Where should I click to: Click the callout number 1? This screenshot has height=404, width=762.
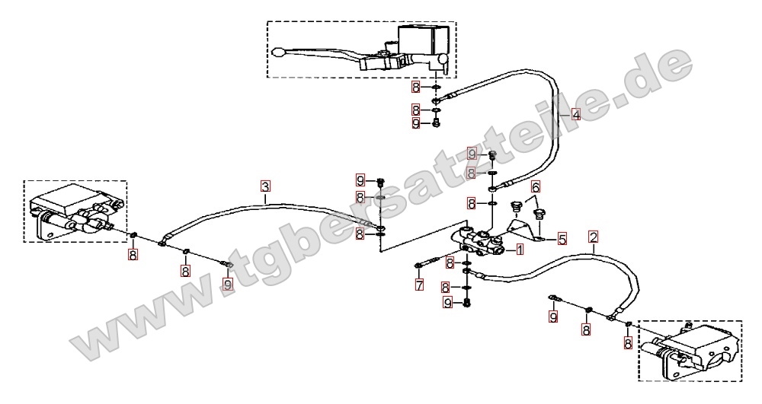pos(520,250)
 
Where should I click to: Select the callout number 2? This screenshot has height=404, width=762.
pos(593,237)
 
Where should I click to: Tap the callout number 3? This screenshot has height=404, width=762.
pos(265,186)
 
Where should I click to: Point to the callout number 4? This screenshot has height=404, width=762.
pos(575,115)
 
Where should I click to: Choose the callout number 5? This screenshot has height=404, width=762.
pos(562,239)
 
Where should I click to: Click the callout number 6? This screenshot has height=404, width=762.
pos(536,186)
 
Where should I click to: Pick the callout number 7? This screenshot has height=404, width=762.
pos(419,285)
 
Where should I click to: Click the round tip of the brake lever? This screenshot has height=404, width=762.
pos(278,52)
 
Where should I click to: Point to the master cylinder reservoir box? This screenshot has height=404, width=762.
pos(423,40)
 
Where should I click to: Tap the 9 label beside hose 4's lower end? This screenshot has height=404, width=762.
pos(472,154)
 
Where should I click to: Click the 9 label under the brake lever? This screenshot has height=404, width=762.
pos(415,123)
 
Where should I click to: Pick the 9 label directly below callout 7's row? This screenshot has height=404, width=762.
pos(447,303)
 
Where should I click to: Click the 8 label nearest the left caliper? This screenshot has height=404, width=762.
pos(133,255)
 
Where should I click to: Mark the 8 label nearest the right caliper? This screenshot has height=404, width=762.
pos(628,343)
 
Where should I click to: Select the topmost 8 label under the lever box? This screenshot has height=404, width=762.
pos(415,87)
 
